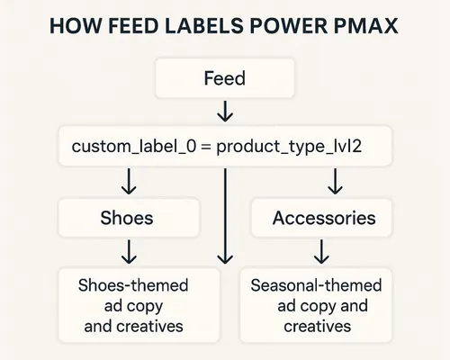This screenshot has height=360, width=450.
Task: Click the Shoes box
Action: [x=128, y=218]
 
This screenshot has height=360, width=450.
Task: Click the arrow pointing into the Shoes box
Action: [x=128, y=183]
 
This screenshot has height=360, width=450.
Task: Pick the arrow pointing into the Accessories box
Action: [x=335, y=183]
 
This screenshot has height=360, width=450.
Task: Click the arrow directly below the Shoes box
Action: [x=128, y=251]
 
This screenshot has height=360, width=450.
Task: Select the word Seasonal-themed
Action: [x=316, y=286]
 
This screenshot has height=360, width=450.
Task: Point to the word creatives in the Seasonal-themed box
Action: [x=317, y=326]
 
